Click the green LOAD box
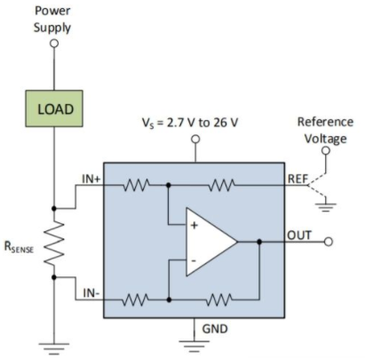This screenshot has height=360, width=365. [x=54, y=108]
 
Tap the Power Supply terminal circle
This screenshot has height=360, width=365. [x=54, y=44]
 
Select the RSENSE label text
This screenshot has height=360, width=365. [x=19, y=247]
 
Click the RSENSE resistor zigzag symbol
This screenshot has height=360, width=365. [x=54, y=243]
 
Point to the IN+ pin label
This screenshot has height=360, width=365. [x=91, y=179]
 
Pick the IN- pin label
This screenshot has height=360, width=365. [x=91, y=293]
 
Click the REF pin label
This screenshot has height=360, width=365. [x=298, y=179]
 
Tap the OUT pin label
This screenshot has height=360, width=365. [x=299, y=236]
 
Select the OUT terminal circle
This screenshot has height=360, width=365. [x=329, y=242]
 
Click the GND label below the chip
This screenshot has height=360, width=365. [x=215, y=329]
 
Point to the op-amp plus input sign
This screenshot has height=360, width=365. [x=194, y=226]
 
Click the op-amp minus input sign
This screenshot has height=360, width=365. [x=194, y=260]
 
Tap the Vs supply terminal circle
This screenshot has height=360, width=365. [x=195, y=139]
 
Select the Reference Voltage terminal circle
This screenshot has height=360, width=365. [x=326, y=151]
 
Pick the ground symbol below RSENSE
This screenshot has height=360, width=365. [x=54, y=348]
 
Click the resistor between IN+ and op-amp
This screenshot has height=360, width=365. [x=136, y=185]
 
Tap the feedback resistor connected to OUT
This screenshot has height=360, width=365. [x=219, y=300]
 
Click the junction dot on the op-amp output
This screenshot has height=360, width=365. [x=259, y=242]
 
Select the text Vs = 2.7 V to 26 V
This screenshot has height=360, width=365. [x=190, y=123]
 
